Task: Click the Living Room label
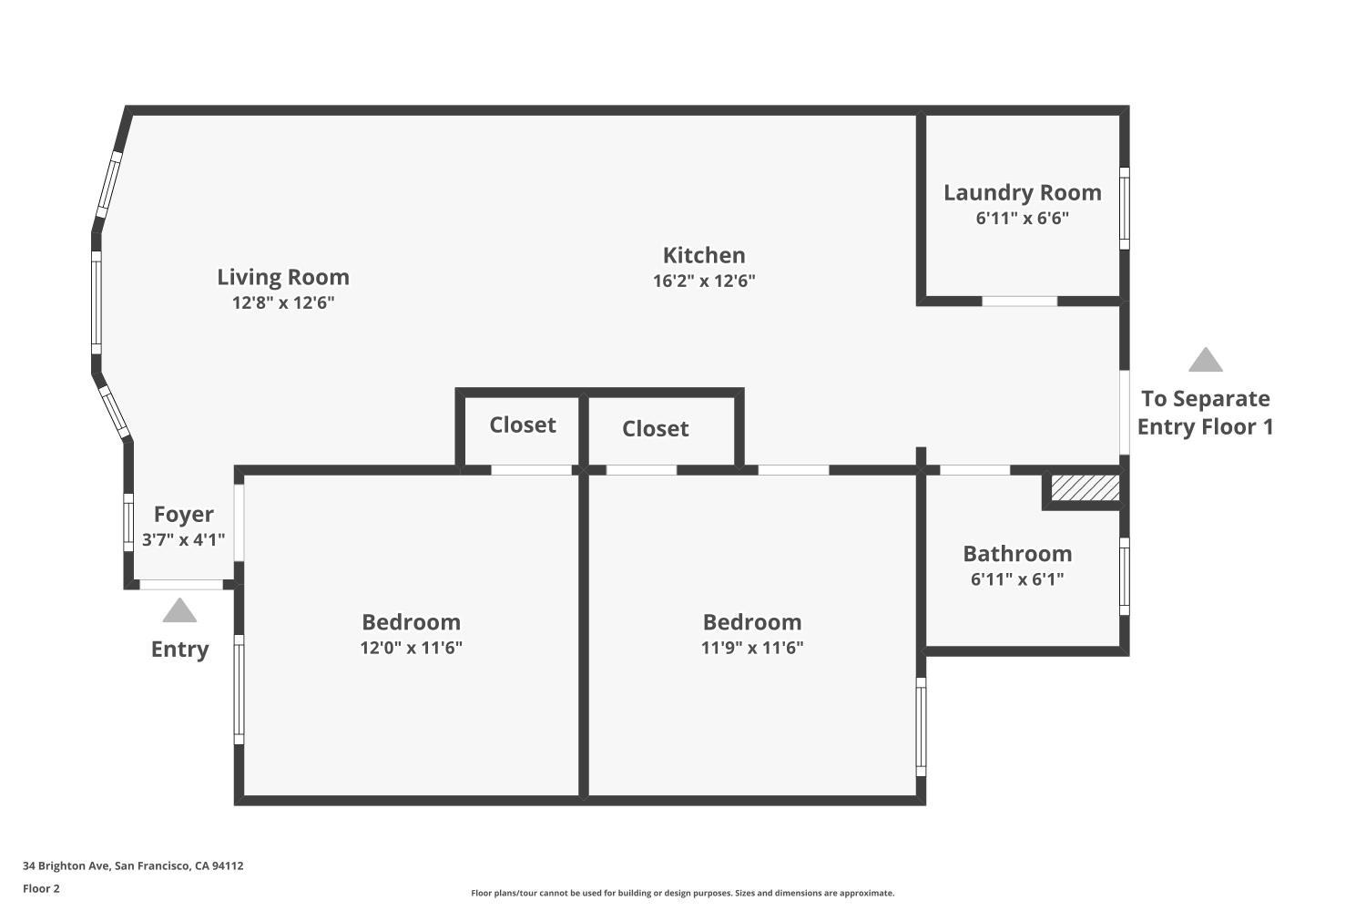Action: coord(283,277)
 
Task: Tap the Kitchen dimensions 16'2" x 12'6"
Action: coord(704,281)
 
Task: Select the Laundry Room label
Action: coord(1022,192)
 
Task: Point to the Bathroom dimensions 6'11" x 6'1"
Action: coord(1017,579)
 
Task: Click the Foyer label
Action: coord(183,514)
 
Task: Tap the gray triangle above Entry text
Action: coord(179,610)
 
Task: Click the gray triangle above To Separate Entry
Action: coord(1205,361)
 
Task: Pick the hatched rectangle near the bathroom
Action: coord(1085,487)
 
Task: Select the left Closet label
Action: coord(522,425)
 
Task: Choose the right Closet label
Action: coord(655,428)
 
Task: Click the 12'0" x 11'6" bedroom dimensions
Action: coord(411,648)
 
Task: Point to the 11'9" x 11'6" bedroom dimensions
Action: coord(752,648)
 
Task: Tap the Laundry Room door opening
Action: coord(1019,301)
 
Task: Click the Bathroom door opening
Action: coord(974,470)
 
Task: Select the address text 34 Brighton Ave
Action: coord(133,866)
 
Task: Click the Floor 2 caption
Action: coord(41,888)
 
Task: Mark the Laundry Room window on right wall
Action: coord(1125,208)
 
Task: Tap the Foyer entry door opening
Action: coord(181,585)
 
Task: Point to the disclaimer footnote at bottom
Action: coord(682,893)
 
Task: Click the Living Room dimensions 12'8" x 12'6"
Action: coord(283,302)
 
